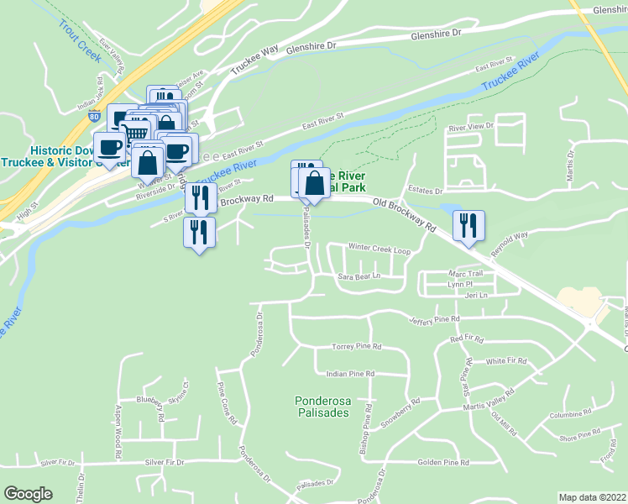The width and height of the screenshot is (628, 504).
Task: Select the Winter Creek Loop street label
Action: pos(379,249)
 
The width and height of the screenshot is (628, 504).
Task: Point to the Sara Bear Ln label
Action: pos(359,276)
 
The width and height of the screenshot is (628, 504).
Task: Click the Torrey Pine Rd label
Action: pos(357,346)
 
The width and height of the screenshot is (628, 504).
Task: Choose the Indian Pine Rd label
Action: pos(350,374)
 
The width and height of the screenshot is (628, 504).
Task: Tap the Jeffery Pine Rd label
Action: pos(434,320)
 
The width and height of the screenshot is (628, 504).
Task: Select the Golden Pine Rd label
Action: pos(443,463)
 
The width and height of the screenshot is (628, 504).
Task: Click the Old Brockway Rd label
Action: pos(406,214)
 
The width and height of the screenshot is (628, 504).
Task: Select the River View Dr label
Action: pos(471,128)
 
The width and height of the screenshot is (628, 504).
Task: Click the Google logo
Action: pos(28,494)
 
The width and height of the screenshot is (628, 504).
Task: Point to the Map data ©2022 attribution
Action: pos(592,497)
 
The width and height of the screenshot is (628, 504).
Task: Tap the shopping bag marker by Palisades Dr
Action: pos(314,184)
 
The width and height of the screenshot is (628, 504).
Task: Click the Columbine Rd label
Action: pos(572,415)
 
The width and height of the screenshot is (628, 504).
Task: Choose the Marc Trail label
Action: pos(466,273)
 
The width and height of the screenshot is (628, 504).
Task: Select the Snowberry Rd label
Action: pos(399,414)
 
